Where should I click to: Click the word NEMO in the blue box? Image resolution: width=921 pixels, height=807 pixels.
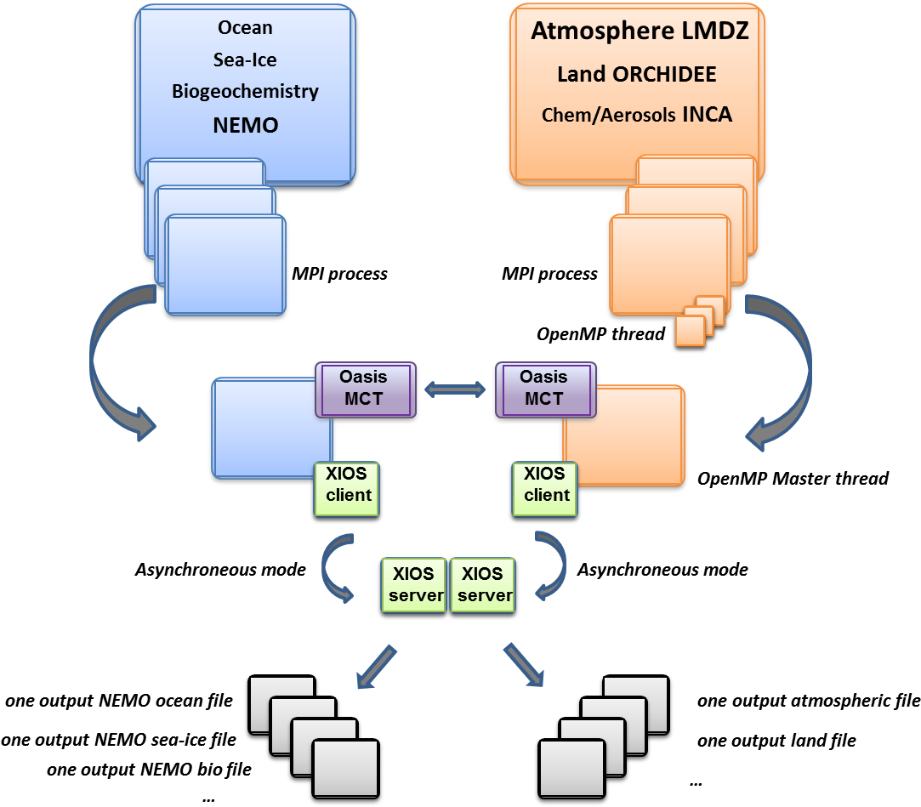[x=245, y=126]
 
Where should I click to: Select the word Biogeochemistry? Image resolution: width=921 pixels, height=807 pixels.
[x=245, y=91]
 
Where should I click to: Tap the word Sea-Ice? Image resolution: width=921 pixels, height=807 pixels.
[x=245, y=60]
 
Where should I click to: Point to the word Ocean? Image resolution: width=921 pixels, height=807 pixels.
[x=245, y=27]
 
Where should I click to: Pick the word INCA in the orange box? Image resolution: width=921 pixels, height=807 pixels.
[x=707, y=115]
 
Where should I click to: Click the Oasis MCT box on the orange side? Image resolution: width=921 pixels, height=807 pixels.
[x=543, y=389]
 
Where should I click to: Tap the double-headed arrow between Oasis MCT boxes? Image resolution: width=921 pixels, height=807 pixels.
[x=455, y=389]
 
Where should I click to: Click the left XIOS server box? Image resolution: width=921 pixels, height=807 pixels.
[x=414, y=584]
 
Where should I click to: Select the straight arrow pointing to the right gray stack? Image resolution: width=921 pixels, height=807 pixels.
[x=523, y=664]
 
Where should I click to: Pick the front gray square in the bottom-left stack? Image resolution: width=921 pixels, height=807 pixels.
[x=344, y=768]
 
